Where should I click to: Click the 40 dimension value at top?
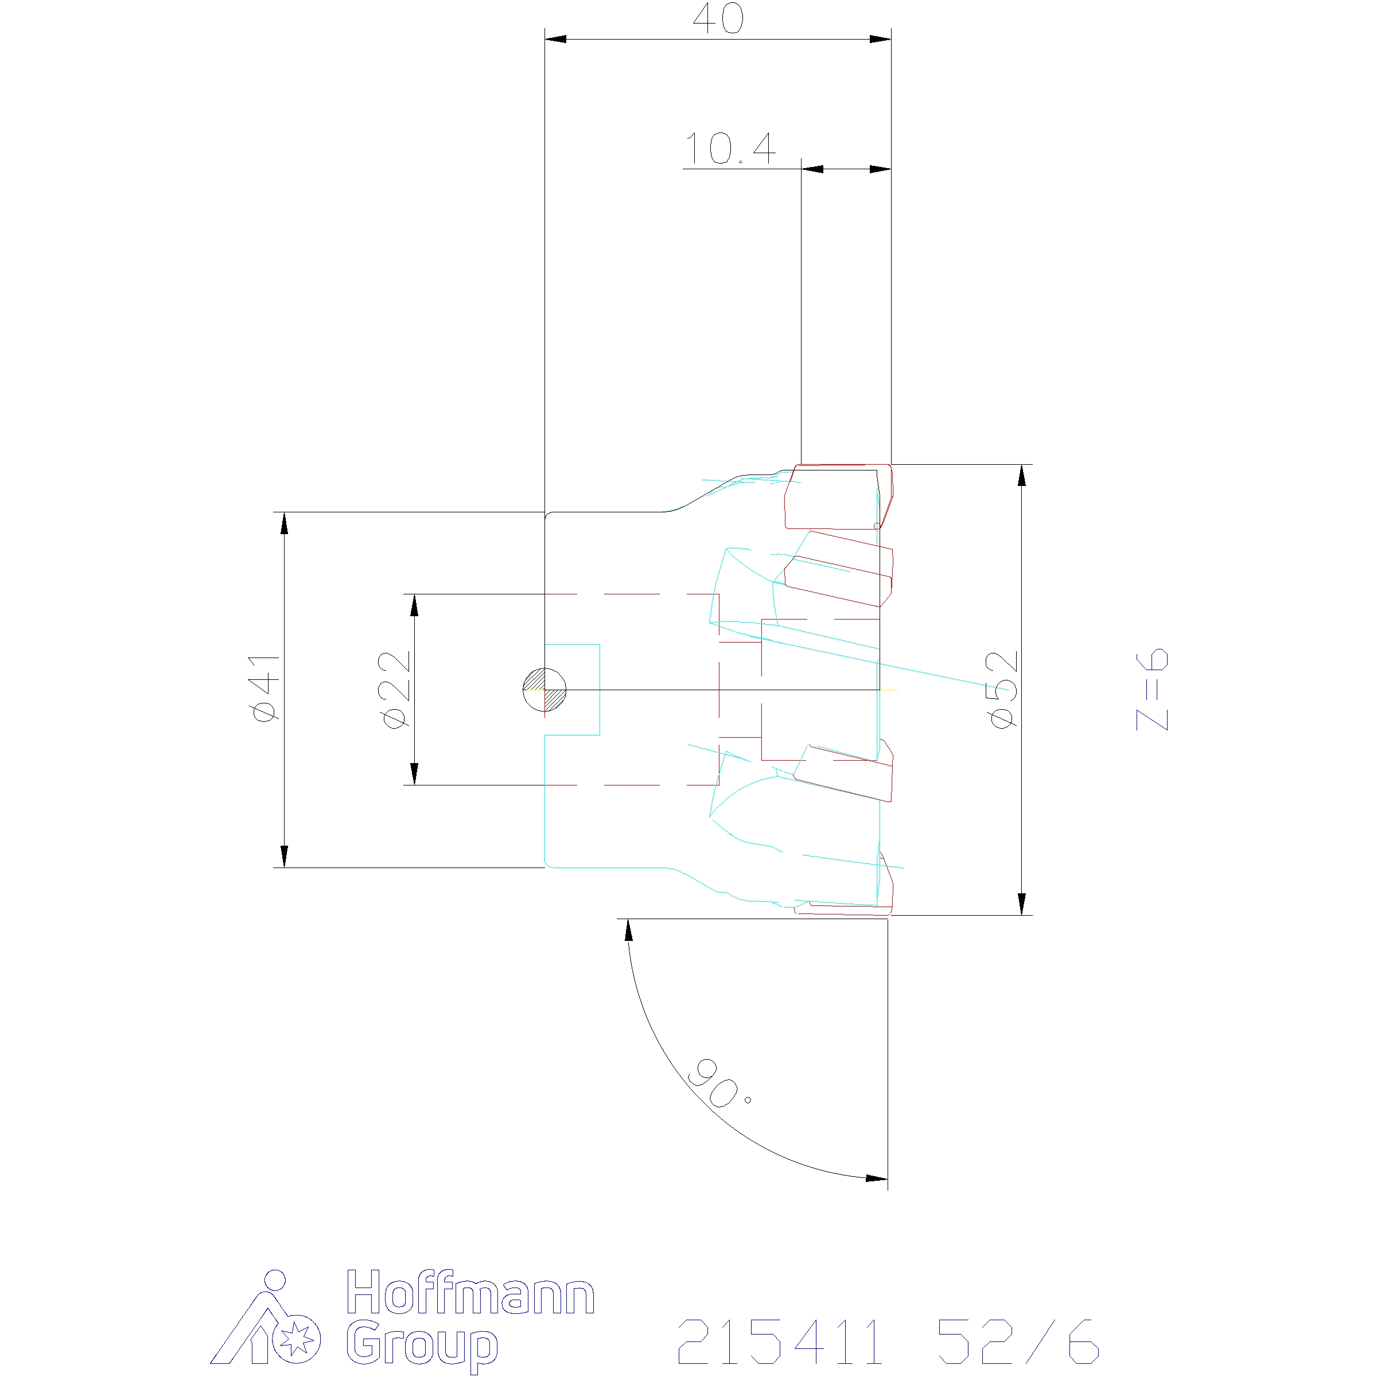click(718, 20)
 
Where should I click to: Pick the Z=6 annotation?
click(1152, 689)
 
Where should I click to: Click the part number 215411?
click(780, 1341)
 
